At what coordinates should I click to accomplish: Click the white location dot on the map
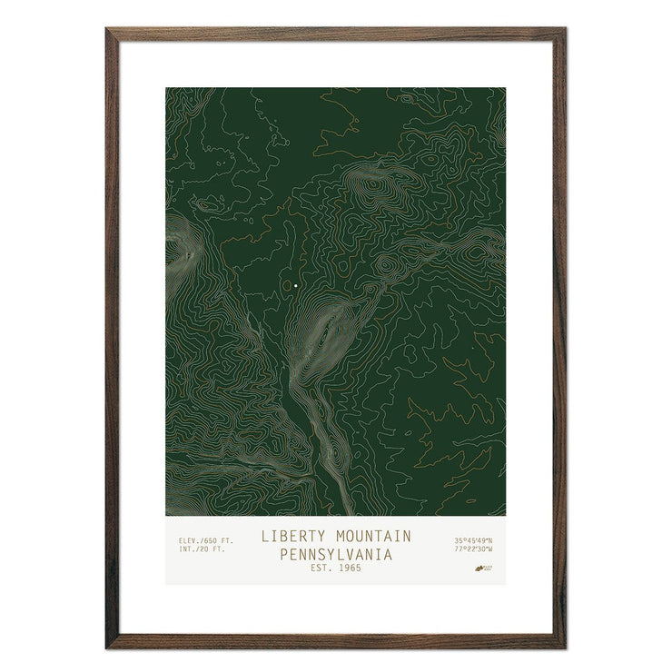(296, 286)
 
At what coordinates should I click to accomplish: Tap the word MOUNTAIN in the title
(371, 536)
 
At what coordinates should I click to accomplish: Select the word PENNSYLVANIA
(336, 553)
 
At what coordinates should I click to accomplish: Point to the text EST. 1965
(336, 568)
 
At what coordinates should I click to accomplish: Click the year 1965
(348, 568)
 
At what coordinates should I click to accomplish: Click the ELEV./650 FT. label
(200, 541)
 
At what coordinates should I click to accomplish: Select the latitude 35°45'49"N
(474, 541)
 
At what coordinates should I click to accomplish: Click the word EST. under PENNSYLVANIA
(321, 568)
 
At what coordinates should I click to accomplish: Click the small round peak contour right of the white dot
(386, 264)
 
